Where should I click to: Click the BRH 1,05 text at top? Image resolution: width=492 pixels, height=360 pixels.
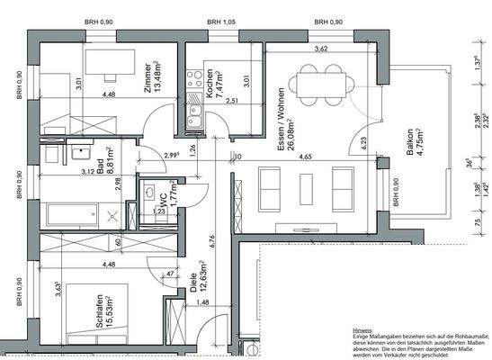pyautogui.click(x=219, y=21)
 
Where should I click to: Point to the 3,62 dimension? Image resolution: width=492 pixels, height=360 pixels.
pyautogui.click(x=321, y=50)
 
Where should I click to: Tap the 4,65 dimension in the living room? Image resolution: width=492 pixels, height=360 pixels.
pyautogui.click(x=306, y=157)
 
